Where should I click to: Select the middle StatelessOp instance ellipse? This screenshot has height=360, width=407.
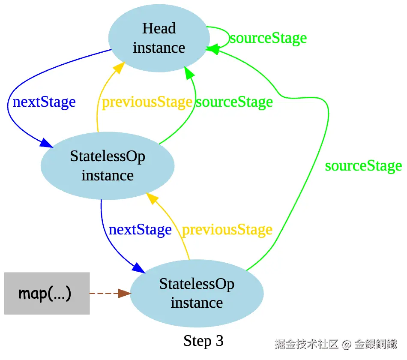pyautogui.click(x=108, y=166)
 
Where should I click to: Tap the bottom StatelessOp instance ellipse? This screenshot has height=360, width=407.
pyautogui.click(x=197, y=294)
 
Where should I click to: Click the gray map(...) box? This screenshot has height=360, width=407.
pyautogui.click(x=47, y=294)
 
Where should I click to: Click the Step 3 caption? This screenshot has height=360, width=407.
pyautogui.click(x=203, y=341)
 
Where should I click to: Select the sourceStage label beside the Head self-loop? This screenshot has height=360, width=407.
pyautogui.click(x=268, y=38)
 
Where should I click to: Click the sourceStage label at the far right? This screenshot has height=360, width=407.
pyautogui.click(x=363, y=166)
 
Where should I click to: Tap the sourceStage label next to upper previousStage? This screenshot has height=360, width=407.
pyautogui.click(x=234, y=102)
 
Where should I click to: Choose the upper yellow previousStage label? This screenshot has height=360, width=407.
pyautogui.click(x=147, y=102)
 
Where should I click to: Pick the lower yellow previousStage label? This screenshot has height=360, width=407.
pyautogui.click(x=227, y=230)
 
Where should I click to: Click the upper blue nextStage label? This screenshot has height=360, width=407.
pyautogui.click(x=44, y=102)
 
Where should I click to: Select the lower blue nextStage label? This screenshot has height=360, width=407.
pyautogui.click(x=140, y=230)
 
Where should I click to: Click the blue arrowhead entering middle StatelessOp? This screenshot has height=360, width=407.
pyautogui.click(x=47, y=143)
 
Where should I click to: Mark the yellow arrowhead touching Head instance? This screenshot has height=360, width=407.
pyautogui.click(x=120, y=67)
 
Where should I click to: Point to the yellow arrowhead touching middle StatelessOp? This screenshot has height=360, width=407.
pyautogui.click(x=151, y=198)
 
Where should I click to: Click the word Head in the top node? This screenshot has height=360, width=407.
pyautogui.click(x=159, y=28)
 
